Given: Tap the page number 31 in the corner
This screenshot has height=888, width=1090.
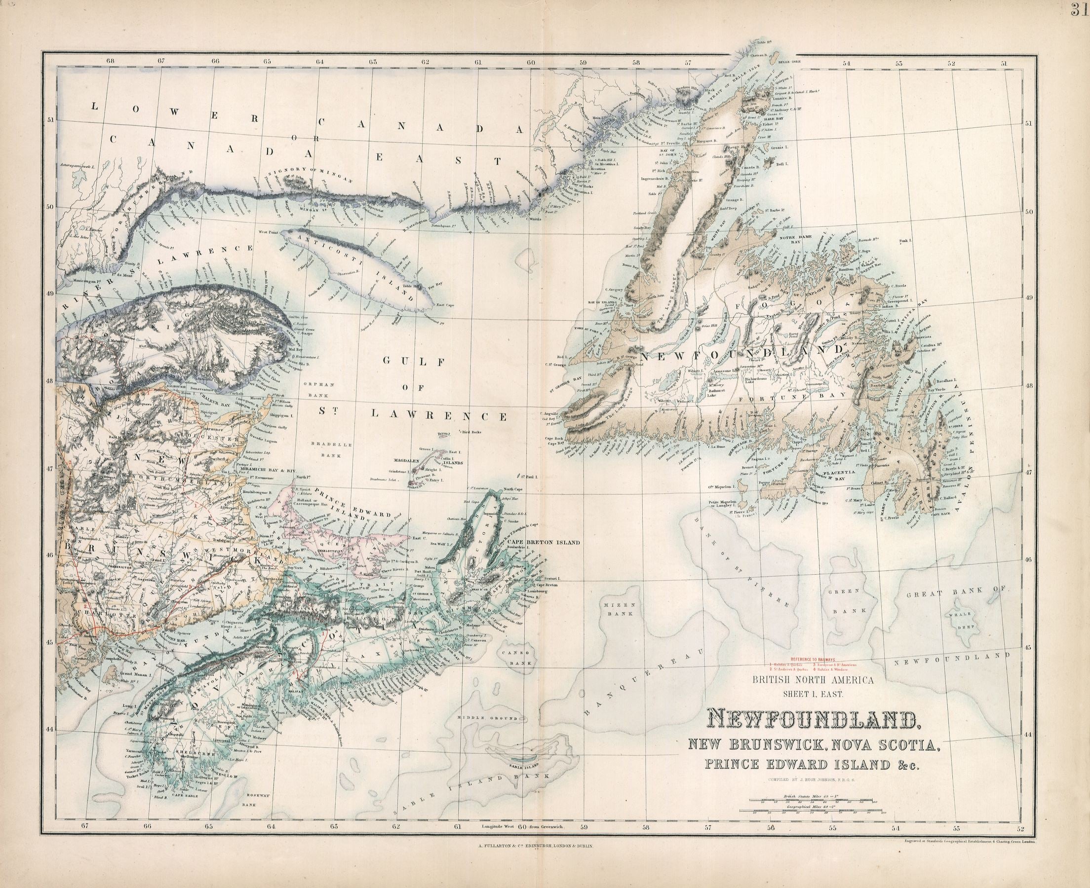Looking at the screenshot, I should [x=1081, y=9].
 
